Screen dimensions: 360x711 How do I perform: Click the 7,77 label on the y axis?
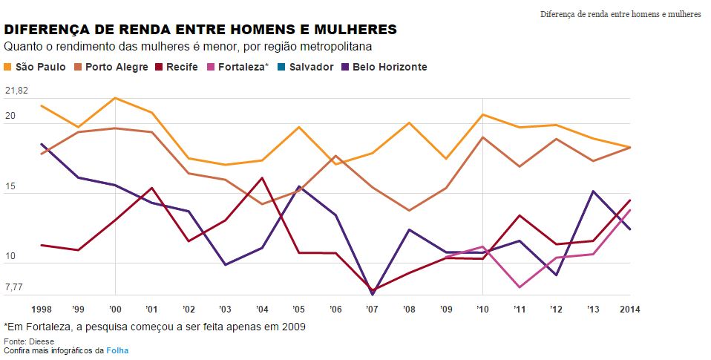(14, 287)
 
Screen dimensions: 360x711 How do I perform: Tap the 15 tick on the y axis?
(10, 194)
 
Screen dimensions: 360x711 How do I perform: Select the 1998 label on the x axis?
(42, 308)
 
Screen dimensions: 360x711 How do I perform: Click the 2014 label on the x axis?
(629, 308)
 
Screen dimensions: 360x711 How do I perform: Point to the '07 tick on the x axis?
(373, 308)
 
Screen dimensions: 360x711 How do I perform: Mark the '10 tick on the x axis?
(483, 308)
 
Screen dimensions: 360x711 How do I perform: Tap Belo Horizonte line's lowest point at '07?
(373, 295)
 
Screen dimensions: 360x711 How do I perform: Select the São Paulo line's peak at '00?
(115, 98)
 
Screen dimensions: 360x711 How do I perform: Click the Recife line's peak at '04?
(262, 177)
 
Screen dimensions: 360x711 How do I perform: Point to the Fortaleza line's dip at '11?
(520, 287)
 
